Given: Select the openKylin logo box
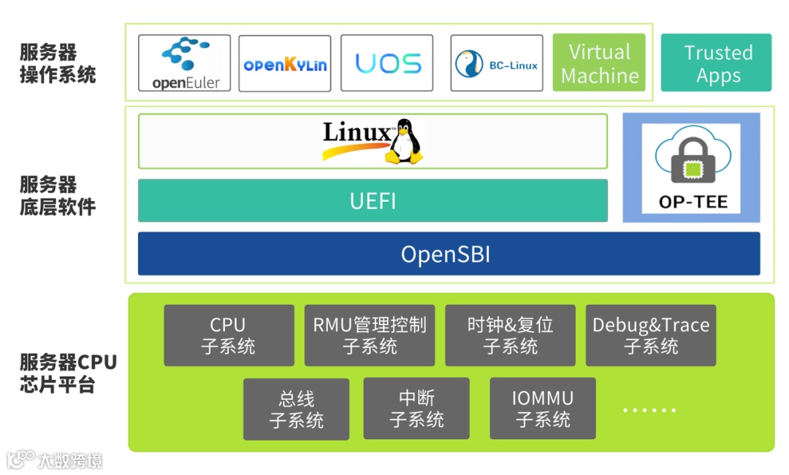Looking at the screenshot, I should (x=285, y=64).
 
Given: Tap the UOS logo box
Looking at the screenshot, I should (x=387, y=64).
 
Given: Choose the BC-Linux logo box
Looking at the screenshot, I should (x=496, y=64).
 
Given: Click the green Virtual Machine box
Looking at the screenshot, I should (x=599, y=63).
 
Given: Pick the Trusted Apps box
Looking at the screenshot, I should (x=716, y=63).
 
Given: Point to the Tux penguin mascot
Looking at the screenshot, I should (x=404, y=141).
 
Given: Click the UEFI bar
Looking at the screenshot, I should (x=373, y=200).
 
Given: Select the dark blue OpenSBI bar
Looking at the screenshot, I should (x=449, y=254).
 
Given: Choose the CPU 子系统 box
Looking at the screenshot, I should (x=229, y=335).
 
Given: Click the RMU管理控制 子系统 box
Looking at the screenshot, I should (x=370, y=335).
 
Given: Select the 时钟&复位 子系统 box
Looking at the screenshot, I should (x=511, y=335).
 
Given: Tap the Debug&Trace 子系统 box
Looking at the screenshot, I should (x=651, y=335).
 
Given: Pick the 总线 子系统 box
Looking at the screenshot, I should (x=296, y=409).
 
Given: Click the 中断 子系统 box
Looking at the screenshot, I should (x=416, y=408).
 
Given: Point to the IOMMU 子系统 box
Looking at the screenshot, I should (x=543, y=408).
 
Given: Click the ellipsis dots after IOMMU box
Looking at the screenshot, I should (x=649, y=411).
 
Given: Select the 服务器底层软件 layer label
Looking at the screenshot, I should (x=58, y=195).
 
